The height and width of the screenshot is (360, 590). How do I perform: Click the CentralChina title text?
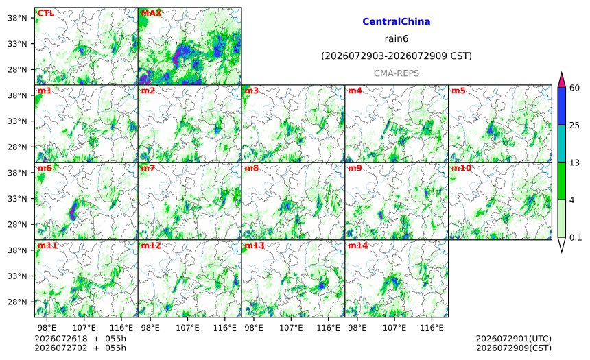point(397,21)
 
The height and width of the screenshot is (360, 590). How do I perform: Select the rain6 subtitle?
point(397,39)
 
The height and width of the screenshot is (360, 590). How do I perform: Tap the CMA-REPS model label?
point(397,73)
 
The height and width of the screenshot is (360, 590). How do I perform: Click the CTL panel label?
point(45,13)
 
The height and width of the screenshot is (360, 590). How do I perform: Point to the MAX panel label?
point(151,13)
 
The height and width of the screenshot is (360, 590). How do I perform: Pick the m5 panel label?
point(458,91)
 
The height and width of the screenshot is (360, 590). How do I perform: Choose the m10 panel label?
point(461,168)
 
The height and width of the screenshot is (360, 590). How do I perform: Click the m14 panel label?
point(358,245)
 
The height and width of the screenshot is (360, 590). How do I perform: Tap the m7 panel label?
point(148,168)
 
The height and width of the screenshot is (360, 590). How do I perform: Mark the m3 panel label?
point(251,91)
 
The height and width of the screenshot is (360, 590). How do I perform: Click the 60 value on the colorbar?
point(574,88)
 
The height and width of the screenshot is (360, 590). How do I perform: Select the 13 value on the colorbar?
point(574,163)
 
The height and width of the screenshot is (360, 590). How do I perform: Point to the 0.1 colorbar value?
point(576,237)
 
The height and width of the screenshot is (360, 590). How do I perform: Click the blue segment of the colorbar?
point(561,106)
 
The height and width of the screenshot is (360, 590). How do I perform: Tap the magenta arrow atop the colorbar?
point(561,80)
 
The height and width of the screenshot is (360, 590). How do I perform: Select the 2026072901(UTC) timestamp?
point(514,339)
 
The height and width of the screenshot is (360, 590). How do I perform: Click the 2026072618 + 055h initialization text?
point(80,339)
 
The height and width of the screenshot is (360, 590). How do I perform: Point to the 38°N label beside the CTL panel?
point(17,18)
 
